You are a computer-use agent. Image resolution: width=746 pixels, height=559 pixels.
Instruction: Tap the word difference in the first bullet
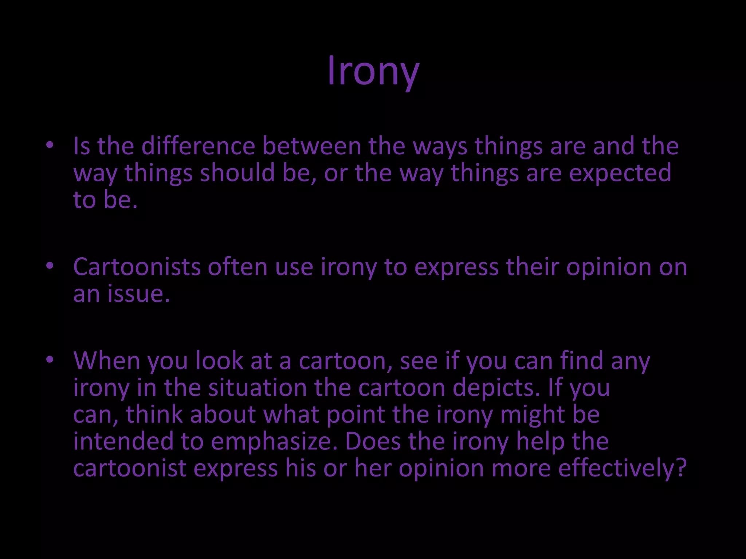198,146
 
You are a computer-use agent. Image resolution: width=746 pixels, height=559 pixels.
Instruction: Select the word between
312,146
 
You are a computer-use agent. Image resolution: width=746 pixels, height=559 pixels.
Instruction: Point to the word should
237,173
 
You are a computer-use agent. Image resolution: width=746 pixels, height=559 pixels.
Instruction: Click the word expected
620,174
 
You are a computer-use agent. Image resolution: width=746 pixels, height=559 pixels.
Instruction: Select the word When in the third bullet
106,361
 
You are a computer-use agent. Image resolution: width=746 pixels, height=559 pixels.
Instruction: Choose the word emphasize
274,442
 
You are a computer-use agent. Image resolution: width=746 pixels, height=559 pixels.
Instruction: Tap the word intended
123,441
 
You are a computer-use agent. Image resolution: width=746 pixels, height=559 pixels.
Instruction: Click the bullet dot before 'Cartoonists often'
50,267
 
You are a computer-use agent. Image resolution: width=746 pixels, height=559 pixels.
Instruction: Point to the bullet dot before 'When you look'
50,361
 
